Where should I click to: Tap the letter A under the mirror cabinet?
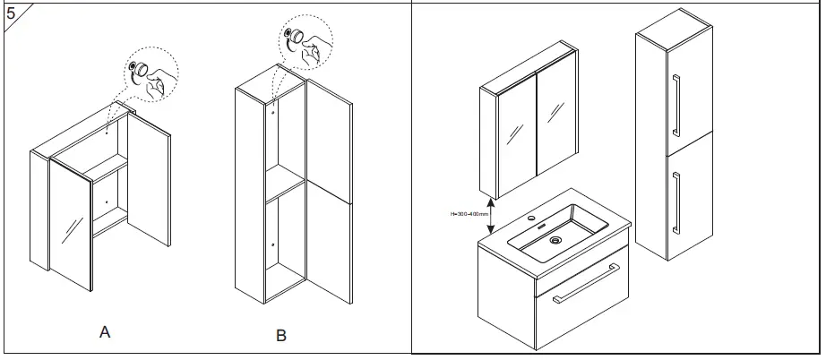click(105, 332)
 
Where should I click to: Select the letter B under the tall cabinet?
click(280, 337)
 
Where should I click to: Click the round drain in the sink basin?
click(555, 240)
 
